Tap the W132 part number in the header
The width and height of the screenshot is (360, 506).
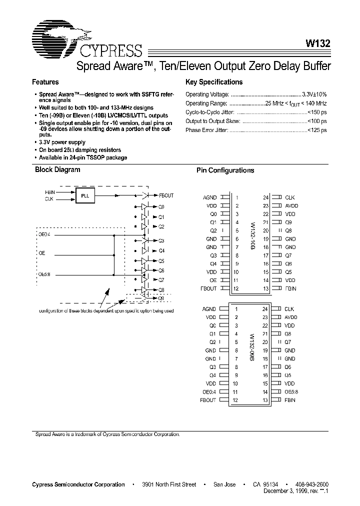pos(317,43)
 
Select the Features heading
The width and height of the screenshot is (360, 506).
pos(45,82)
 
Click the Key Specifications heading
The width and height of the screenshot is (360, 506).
pos(213,82)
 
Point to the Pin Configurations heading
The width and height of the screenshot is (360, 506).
pos(225,170)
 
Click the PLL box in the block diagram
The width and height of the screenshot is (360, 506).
pos(85,196)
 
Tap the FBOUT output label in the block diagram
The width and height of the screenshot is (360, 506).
pos(166,195)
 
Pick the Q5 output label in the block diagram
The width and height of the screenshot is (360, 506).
pos(161,260)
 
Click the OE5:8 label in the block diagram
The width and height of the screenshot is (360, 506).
pos(45,273)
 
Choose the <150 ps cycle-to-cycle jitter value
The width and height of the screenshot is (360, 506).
pos(317,112)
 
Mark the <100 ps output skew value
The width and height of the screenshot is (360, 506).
pos(317,121)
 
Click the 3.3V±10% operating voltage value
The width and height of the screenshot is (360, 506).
pos(314,94)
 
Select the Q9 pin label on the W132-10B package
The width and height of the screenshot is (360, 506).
pos(288,222)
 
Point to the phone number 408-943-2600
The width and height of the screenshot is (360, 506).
pos(312,484)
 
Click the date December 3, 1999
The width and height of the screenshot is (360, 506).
pos(283,491)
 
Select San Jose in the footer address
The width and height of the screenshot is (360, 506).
pos(223,484)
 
